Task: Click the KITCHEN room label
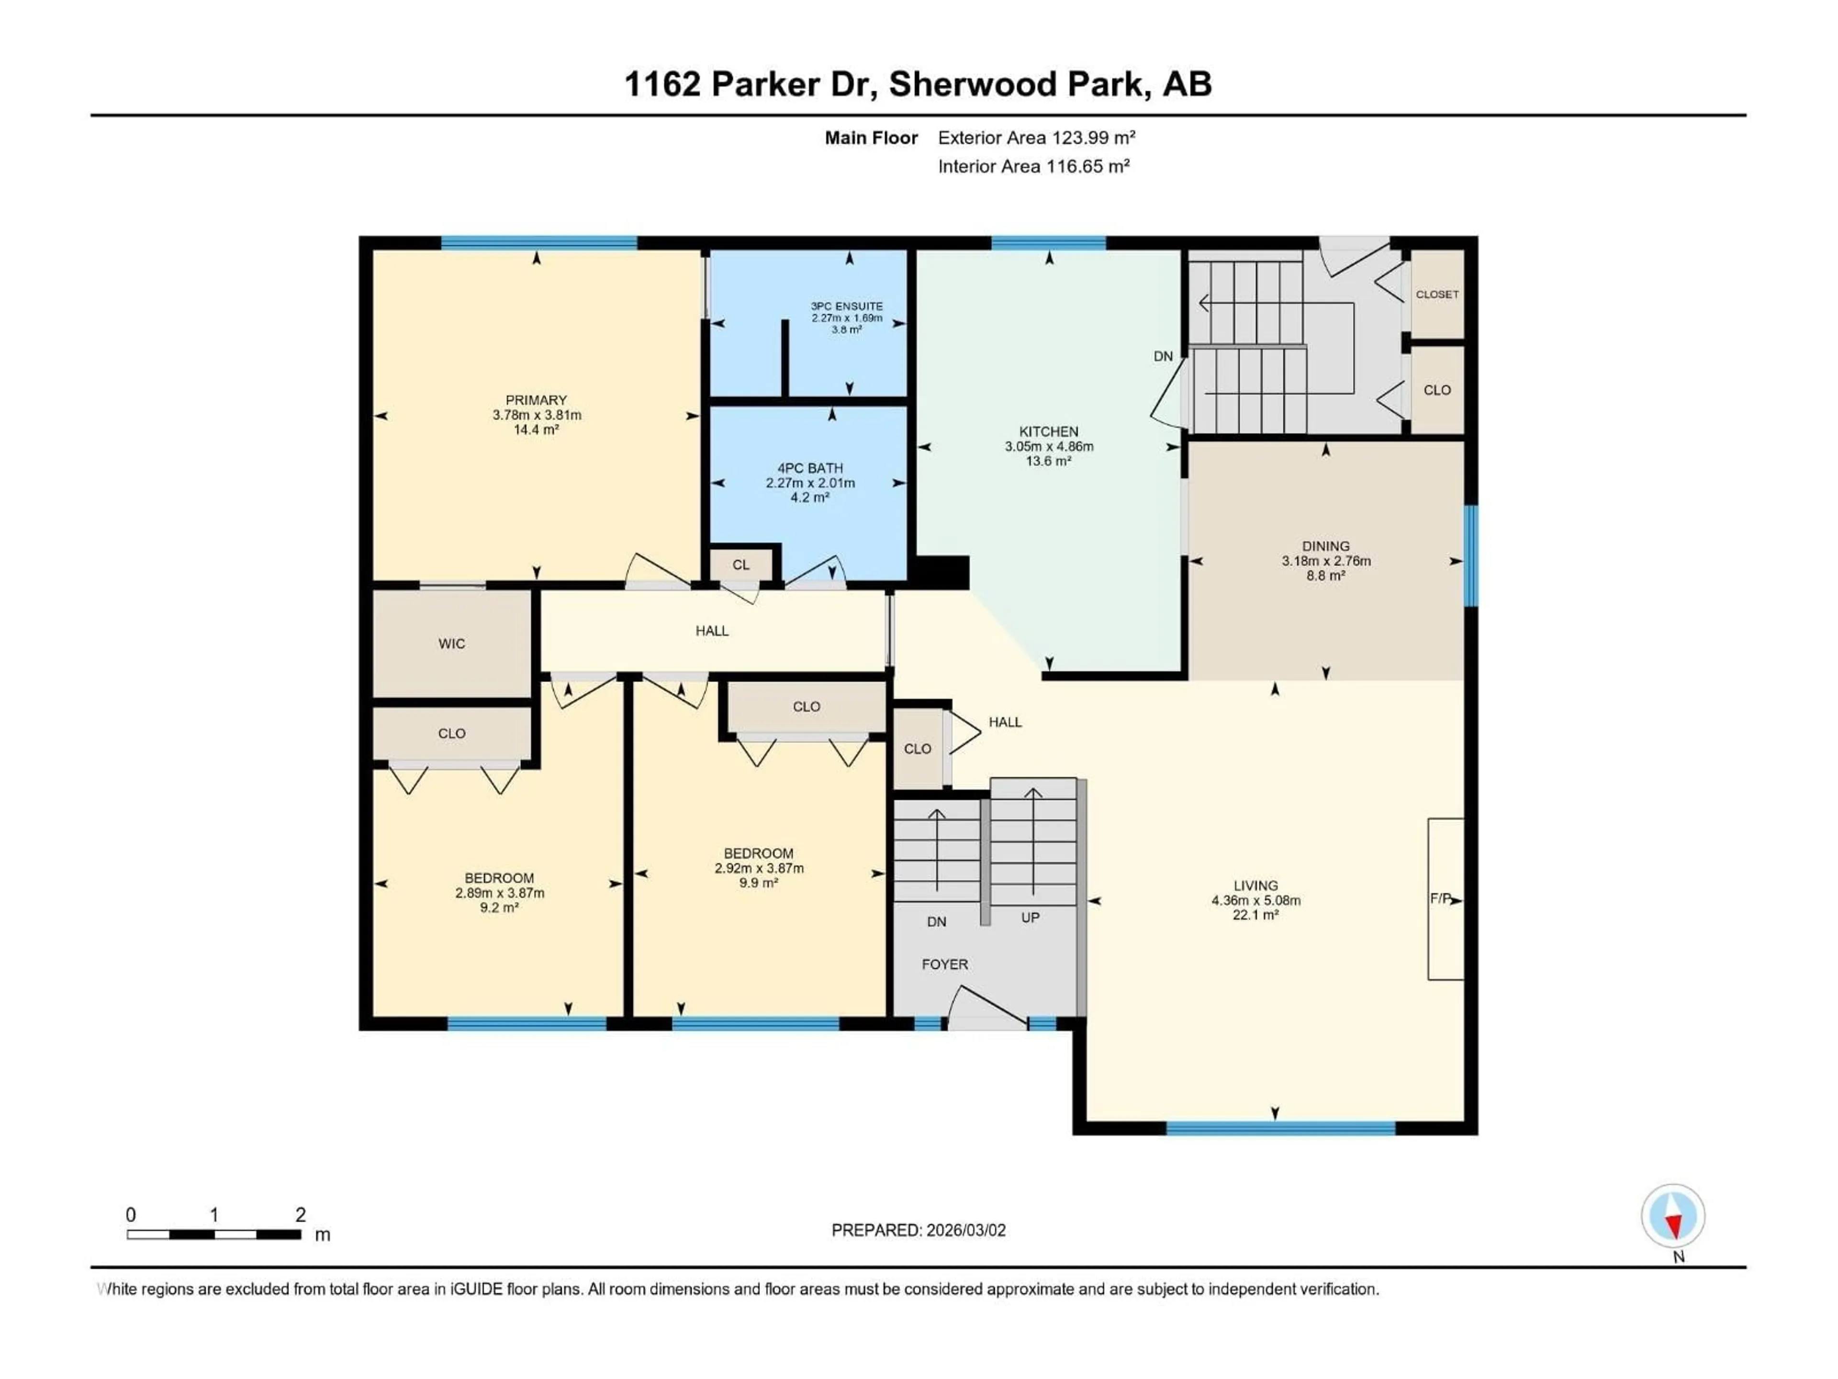pyautogui.click(x=1049, y=431)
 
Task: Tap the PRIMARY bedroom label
pyautogui.click(x=536, y=400)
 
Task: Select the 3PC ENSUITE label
pyautogui.click(x=847, y=306)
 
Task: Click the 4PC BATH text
pyautogui.click(x=810, y=468)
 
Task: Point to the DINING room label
pyautogui.click(x=1325, y=546)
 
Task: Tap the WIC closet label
pyautogui.click(x=451, y=644)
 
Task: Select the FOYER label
pyautogui.click(x=945, y=964)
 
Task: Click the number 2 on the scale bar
pyautogui.click(x=301, y=1214)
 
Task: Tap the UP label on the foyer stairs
pyautogui.click(x=1031, y=918)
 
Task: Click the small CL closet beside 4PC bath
pyautogui.click(x=741, y=565)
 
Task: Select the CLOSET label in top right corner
pyautogui.click(x=1437, y=294)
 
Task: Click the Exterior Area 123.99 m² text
pyautogui.click(x=1036, y=138)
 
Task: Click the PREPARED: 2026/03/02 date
pyautogui.click(x=918, y=1230)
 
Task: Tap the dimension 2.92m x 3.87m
pyautogui.click(x=759, y=868)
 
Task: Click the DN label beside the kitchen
pyautogui.click(x=1163, y=356)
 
